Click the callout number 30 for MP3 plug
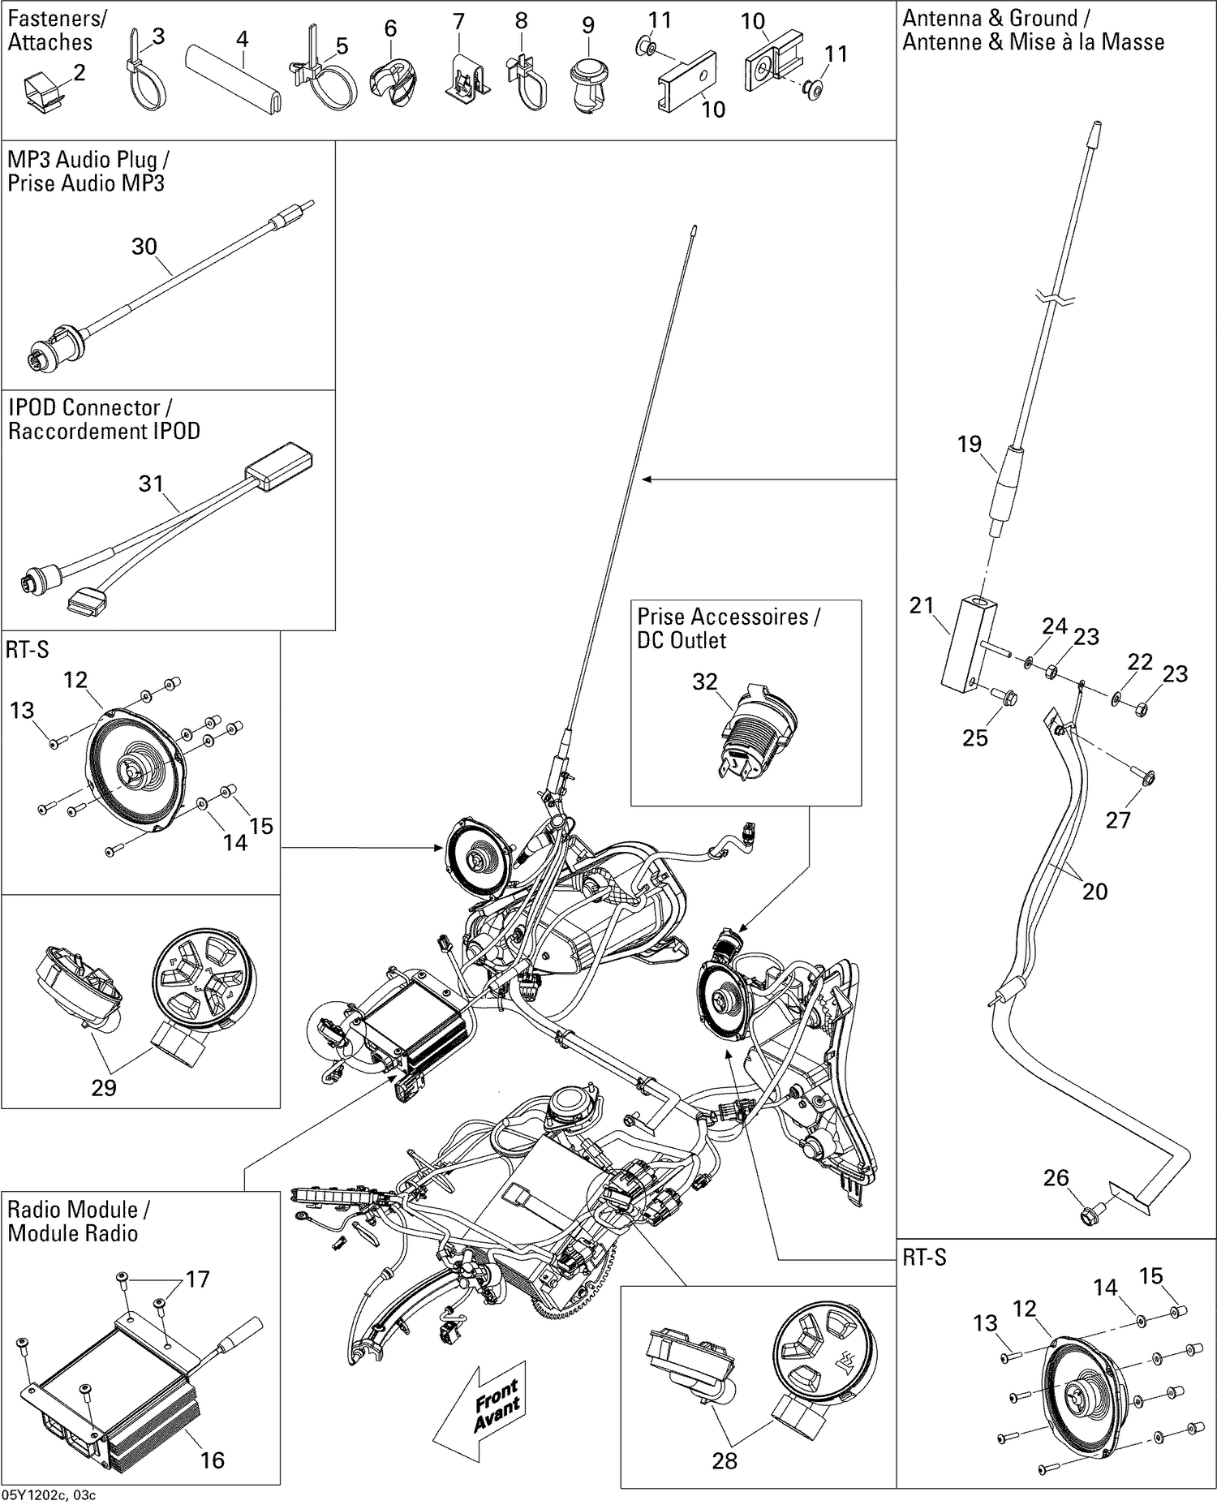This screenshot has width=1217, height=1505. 144,247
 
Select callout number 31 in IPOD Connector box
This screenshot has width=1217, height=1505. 151,484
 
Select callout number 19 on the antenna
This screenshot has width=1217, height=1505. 969,444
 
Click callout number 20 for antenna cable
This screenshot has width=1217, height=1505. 1094,892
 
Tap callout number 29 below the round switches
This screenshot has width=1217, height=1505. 103,1087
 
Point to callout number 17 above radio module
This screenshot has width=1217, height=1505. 197,1279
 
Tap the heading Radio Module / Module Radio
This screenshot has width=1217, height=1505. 78,1221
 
